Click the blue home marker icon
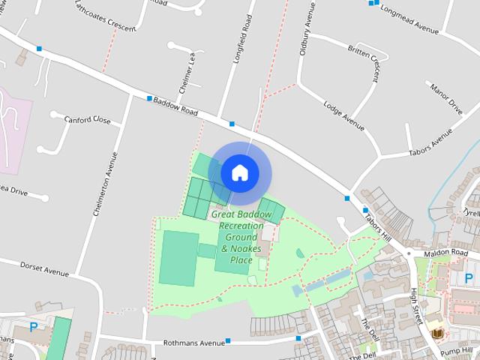(x=240, y=172)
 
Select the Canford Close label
(x=87, y=120)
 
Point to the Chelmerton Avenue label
(x=106, y=184)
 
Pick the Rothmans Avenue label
(x=193, y=343)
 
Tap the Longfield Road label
(x=241, y=39)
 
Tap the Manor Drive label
(x=445, y=98)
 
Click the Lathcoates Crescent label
(x=106, y=16)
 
